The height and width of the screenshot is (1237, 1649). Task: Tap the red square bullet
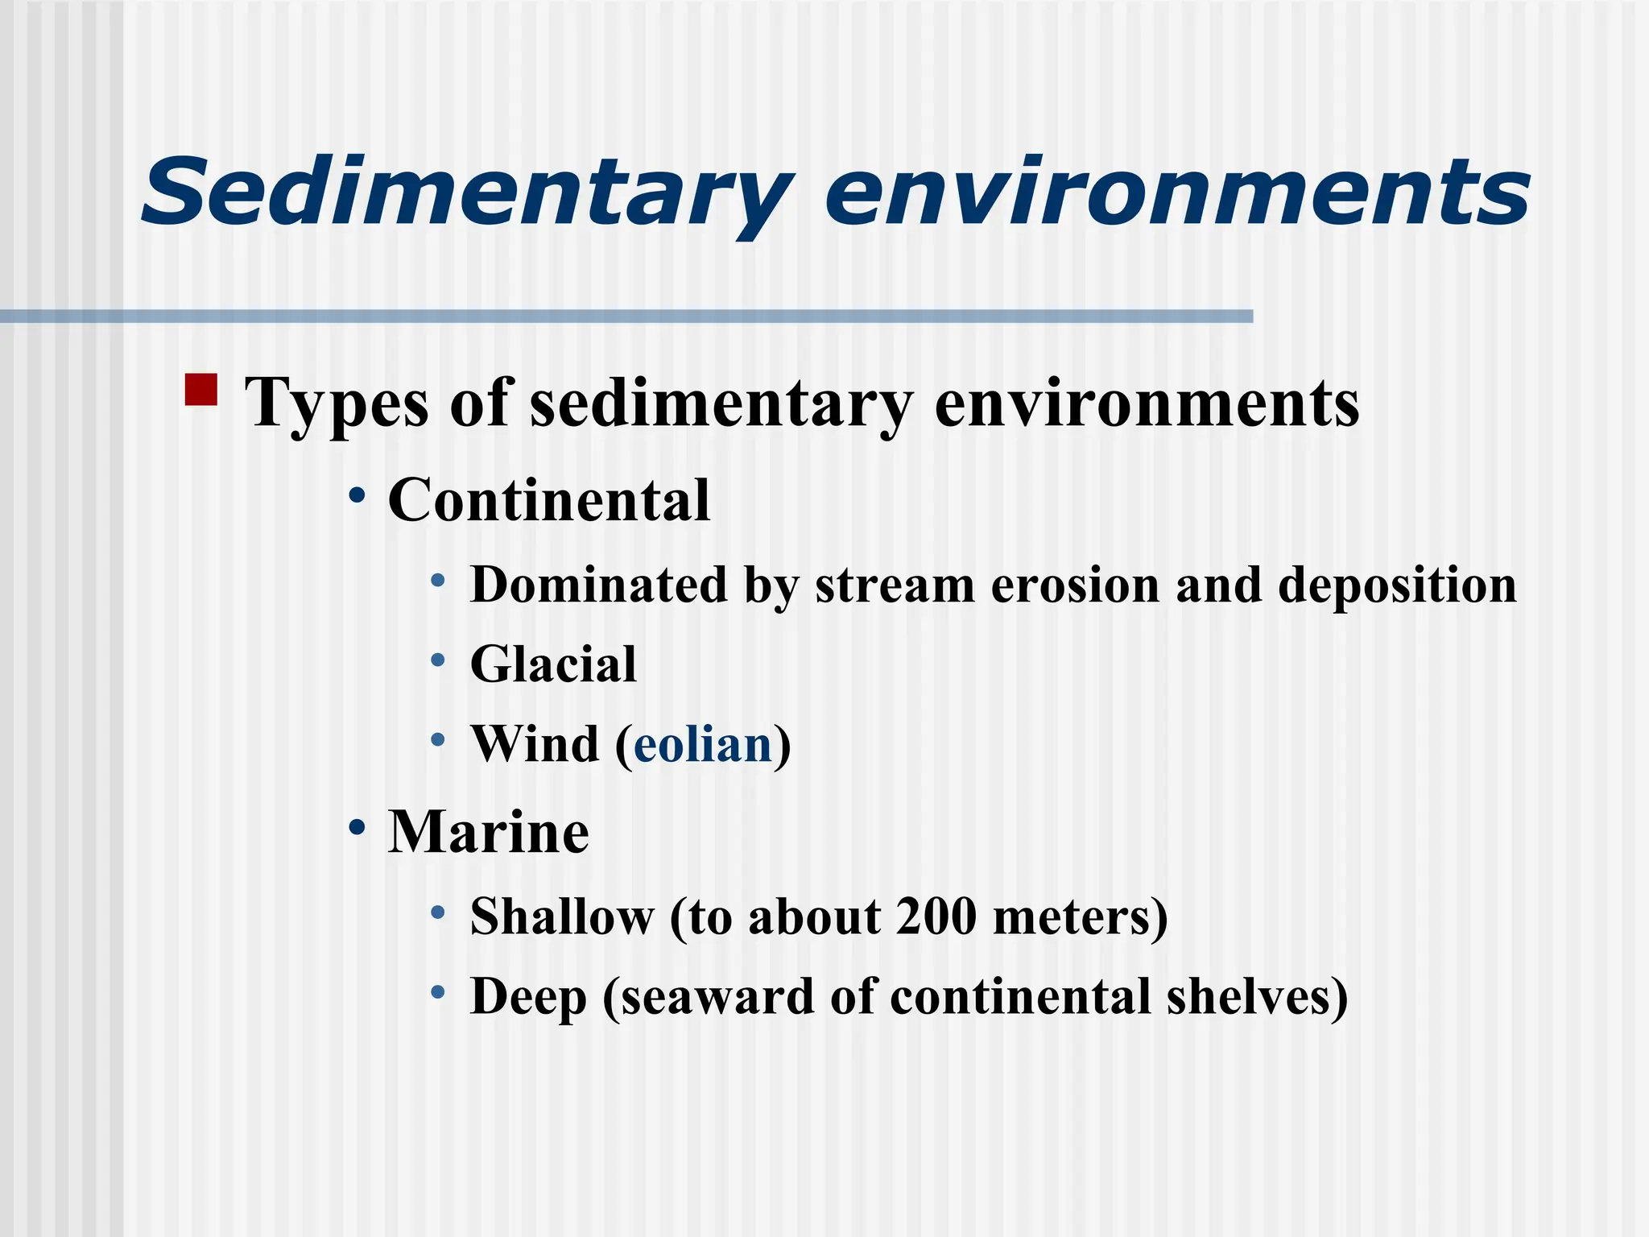coord(201,389)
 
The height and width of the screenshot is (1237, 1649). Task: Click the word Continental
coord(549,501)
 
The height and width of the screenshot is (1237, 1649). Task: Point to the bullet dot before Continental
coord(357,494)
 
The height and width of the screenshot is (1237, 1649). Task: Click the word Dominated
coord(599,585)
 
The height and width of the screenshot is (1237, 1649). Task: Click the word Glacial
coord(553,665)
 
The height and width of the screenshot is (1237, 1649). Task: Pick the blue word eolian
coord(703,745)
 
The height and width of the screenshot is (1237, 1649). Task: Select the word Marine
coord(489,832)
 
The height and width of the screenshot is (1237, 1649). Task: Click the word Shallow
coord(562,917)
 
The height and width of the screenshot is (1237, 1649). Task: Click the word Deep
coord(528,998)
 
